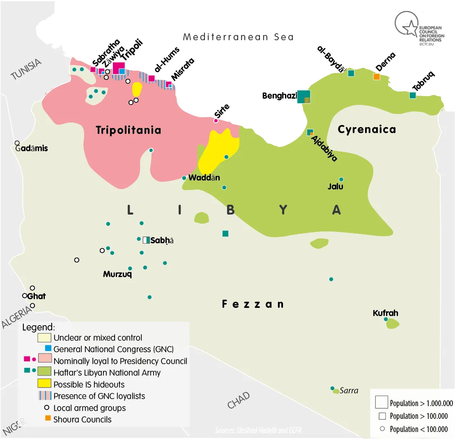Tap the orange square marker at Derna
pyautogui.click(x=376, y=76)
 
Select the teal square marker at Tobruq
pyautogui.click(x=412, y=95)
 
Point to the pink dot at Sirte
pyautogui.click(x=216, y=120)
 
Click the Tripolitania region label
pyautogui.click(x=128, y=131)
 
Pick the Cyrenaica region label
pyautogui.click(x=366, y=129)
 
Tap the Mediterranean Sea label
pyautogui.click(x=238, y=37)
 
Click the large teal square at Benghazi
pyautogui.click(x=304, y=97)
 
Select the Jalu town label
pyautogui.click(x=335, y=187)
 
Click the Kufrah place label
pyautogui.click(x=385, y=313)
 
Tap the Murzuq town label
pyautogui.click(x=117, y=274)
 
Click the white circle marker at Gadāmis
pyautogui.click(x=17, y=143)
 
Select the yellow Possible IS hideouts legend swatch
pyautogui.click(x=44, y=384)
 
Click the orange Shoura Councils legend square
pyautogui.click(x=48, y=418)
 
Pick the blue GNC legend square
pyautogui.click(x=48, y=348)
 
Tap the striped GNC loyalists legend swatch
pyautogui.click(x=44, y=396)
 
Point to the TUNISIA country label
pyautogui.click(x=27, y=69)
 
